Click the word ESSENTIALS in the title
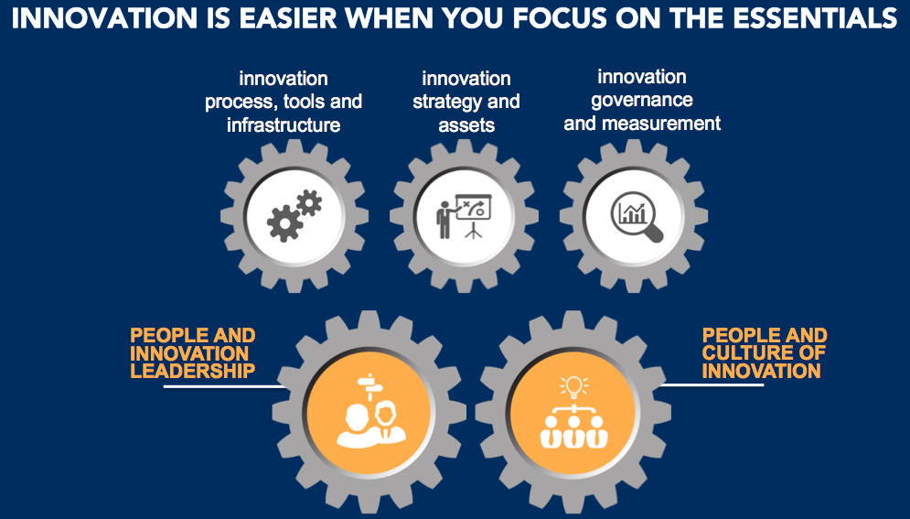(816, 18)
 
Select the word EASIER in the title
(288, 18)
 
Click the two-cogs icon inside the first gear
(294, 216)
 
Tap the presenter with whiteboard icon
(464, 216)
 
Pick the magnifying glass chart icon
(637, 217)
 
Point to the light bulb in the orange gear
(574, 386)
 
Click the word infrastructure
(284, 124)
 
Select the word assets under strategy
(466, 124)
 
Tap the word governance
(642, 101)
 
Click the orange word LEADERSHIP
(193, 371)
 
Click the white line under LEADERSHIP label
(224, 386)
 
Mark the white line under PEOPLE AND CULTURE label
(712, 384)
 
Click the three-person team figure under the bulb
(574, 428)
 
